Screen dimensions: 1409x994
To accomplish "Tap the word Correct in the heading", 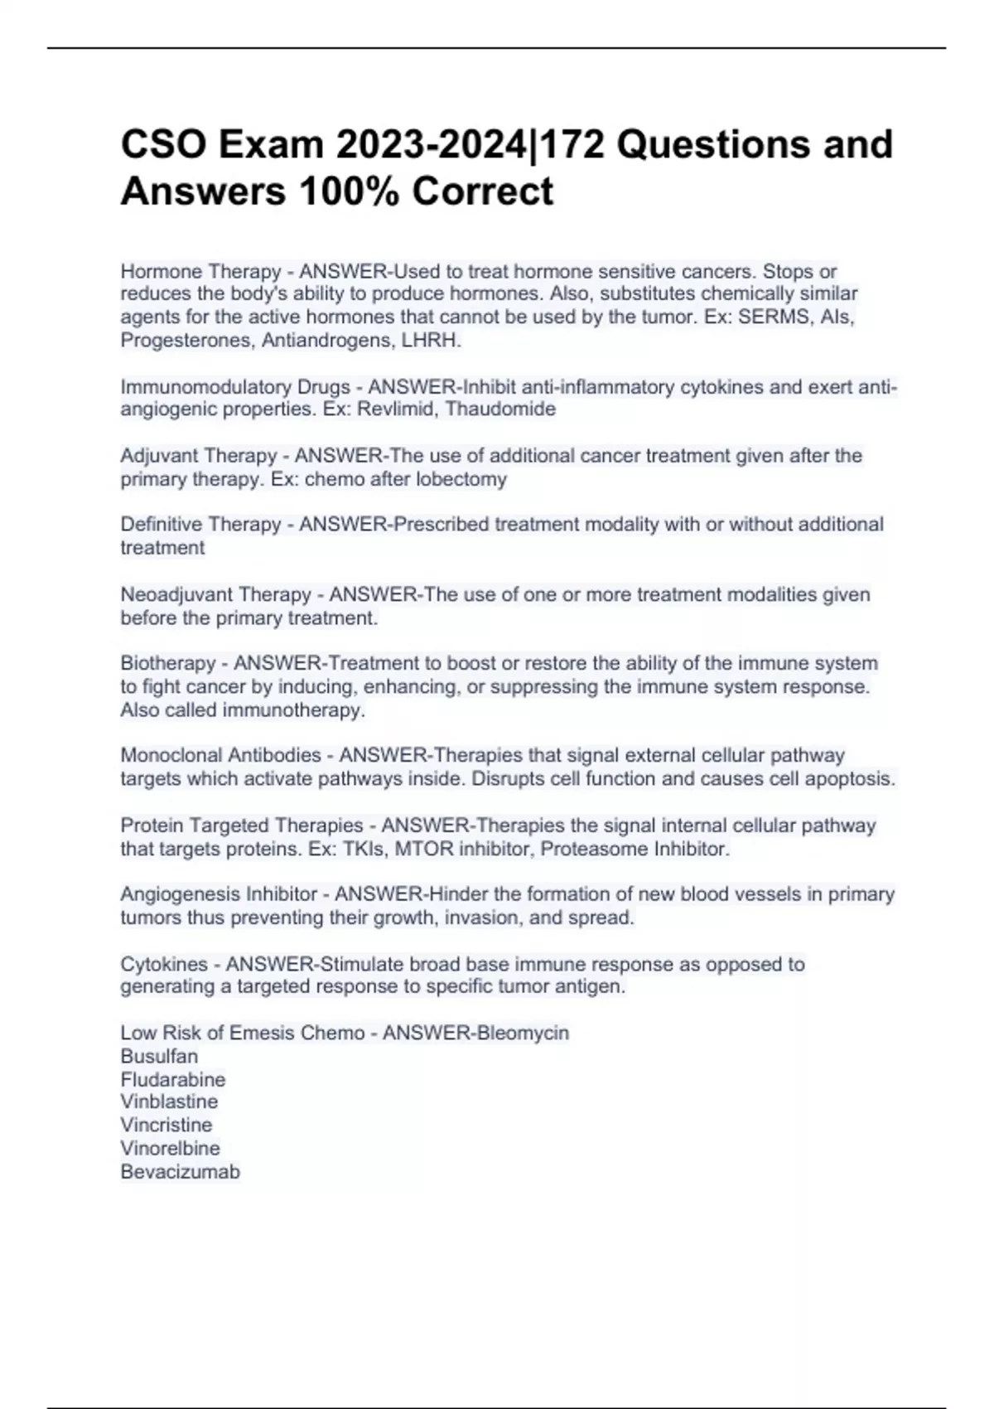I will (482, 191).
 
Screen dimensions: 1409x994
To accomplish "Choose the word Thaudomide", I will (501, 409).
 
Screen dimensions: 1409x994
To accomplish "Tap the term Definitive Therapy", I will (200, 525).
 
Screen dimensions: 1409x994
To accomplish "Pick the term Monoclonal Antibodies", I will (220, 755).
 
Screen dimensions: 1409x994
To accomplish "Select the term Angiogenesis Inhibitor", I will (219, 894).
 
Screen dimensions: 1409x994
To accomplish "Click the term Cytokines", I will (164, 964).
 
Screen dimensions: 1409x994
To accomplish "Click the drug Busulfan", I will (159, 1056).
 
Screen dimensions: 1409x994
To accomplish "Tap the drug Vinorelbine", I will (170, 1148).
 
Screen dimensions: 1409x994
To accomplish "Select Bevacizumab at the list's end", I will (180, 1171).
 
